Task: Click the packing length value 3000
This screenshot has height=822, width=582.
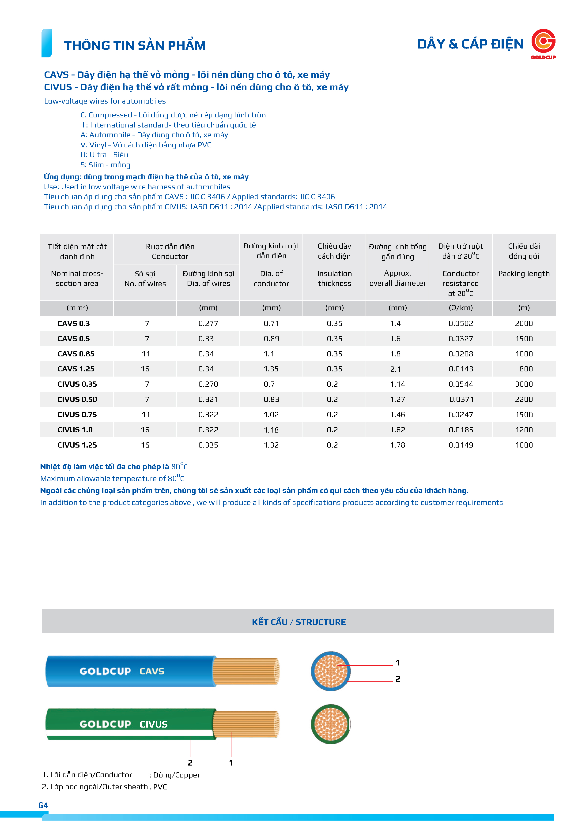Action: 524,384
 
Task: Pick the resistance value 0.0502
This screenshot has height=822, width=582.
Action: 461,323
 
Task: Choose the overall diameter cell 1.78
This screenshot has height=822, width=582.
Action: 397,445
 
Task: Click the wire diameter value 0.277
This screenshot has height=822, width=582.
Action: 208,323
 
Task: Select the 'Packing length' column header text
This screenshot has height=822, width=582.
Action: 524,273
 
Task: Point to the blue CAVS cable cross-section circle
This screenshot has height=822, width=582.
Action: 330,671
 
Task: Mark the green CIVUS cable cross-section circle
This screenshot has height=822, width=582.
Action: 330,724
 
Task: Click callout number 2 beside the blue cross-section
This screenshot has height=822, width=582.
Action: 397,679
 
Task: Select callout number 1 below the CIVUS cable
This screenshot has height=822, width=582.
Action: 231,762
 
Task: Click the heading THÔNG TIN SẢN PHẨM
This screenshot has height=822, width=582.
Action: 135,45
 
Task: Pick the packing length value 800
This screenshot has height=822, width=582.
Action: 526,369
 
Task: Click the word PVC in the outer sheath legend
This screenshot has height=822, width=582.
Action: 160,787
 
